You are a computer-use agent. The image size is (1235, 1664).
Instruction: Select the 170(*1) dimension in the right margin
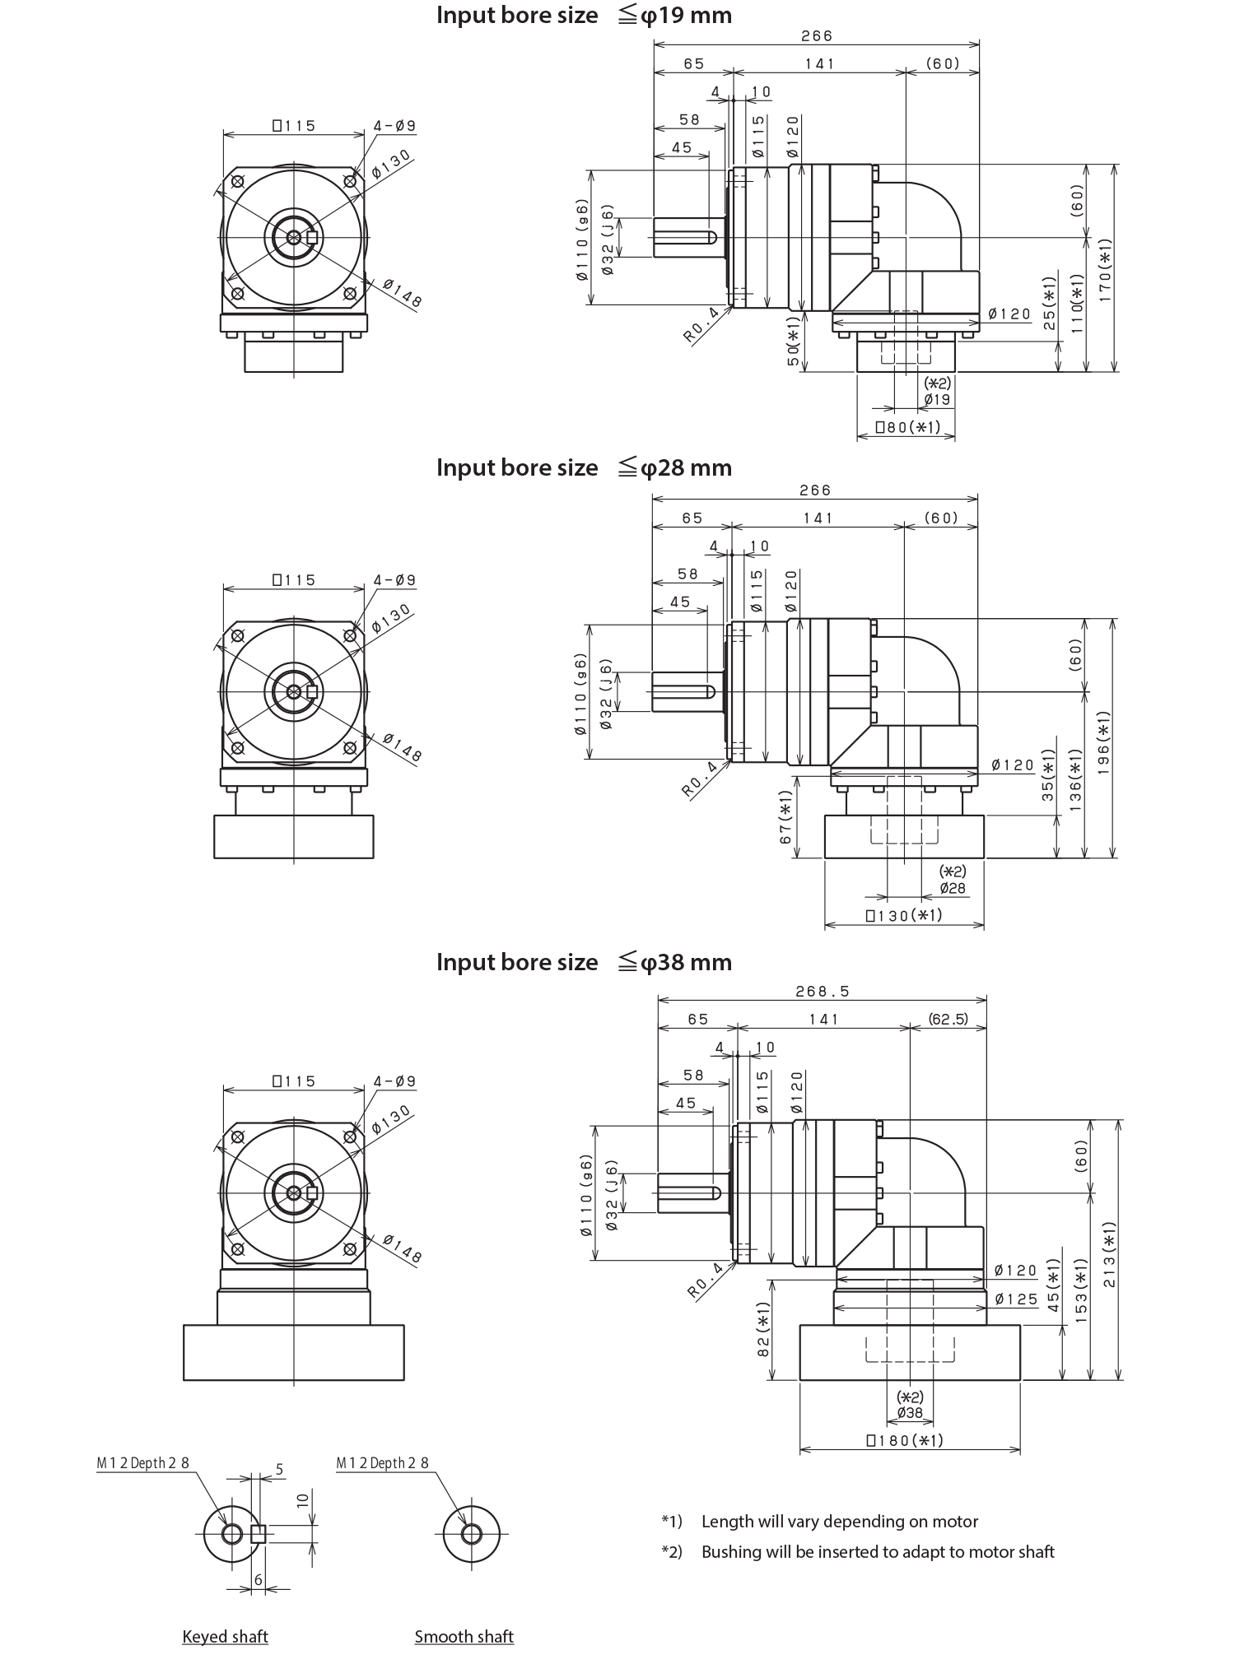click(x=1105, y=269)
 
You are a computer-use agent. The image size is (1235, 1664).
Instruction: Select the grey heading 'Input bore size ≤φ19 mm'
click(x=583, y=15)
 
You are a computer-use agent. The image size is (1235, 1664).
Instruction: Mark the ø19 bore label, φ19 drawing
click(x=898, y=399)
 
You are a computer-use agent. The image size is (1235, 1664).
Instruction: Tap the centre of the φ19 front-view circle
click(x=353, y=237)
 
